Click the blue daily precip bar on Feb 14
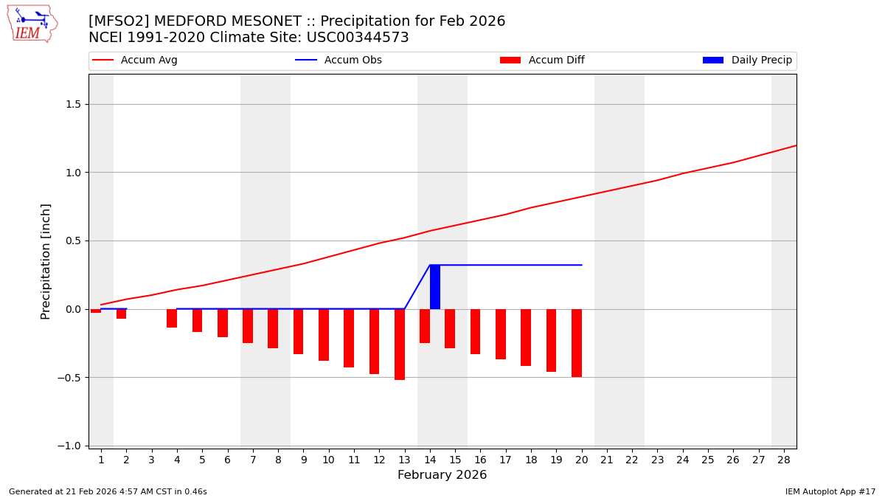point(435,287)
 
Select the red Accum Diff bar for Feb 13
point(400,344)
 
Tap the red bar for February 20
point(577,342)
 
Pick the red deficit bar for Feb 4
point(172,318)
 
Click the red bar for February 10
point(324,334)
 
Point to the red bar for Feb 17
point(501,333)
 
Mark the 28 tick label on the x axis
point(784,460)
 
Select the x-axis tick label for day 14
point(430,460)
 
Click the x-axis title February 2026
point(442,475)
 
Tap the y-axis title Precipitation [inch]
point(46,261)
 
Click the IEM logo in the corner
point(32,23)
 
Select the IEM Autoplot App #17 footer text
point(830,491)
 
